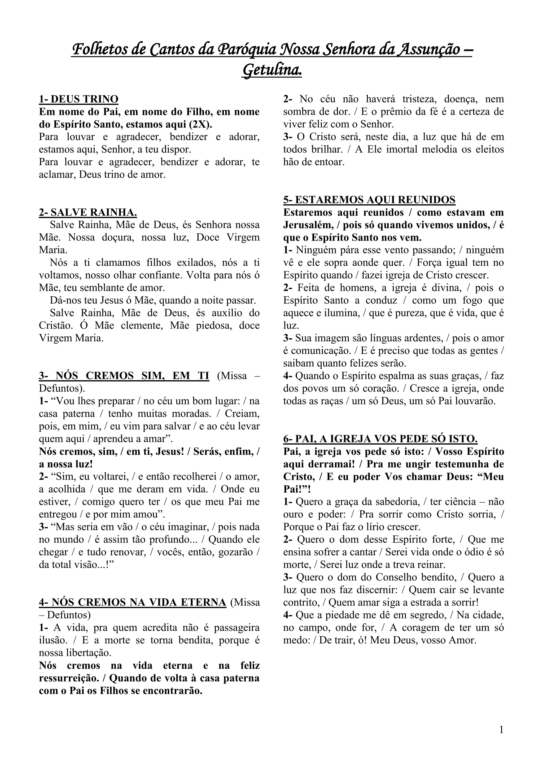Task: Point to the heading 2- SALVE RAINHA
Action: tap(88, 212)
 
